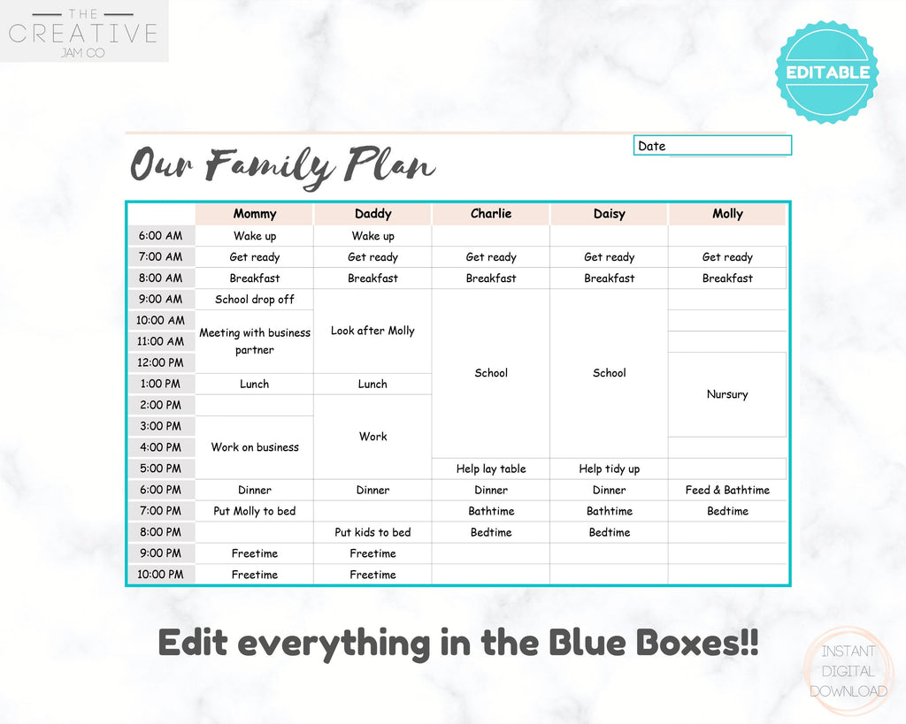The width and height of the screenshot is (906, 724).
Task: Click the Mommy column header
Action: pyautogui.click(x=255, y=214)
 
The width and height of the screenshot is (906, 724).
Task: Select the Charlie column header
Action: pyautogui.click(x=491, y=214)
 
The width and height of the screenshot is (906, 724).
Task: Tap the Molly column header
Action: pyautogui.click(x=727, y=214)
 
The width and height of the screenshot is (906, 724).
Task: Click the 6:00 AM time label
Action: pyautogui.click(x=161, y=235)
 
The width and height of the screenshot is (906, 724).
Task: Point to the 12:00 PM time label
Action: pyautogui.click(x=161, y=362)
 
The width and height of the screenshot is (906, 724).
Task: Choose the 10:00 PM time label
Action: pyautogui.click(x=161, y=575)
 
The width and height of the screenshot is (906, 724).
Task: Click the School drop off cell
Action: pyautogui.click(x=255, y=299)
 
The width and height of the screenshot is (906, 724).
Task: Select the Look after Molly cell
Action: pyautogui.click(x=372, y=331)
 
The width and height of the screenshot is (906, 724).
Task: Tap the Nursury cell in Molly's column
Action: pyautogui.click(x=727, y=394)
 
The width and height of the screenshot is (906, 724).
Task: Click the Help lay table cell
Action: pyautogui.click(x=491, y=469)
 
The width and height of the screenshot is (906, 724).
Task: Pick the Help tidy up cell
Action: pyautogui.click(x=609, y=469)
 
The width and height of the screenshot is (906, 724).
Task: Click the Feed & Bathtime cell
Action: pyautogui.click(x=727, y=490)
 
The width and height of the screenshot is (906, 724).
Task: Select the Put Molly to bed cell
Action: pyautogui.click(x=255, y=511)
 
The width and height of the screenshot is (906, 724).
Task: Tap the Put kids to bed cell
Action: pyautogui.click(x=372, y=532)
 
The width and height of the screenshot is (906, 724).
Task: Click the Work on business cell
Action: pyautogui.click(x=255, y=447)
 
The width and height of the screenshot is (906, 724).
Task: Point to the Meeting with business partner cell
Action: pyautogui.click(x=255, y=341)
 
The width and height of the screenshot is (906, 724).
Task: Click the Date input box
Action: pyautogui.click(x=712, y=146)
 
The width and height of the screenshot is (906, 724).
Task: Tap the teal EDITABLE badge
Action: pyautogui.click(x=827, y=72)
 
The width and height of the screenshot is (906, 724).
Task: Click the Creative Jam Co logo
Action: pyautogui.click(x=84, y=31)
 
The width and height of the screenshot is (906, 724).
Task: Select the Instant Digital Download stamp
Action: pyautogui.click(x=848, y=671)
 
